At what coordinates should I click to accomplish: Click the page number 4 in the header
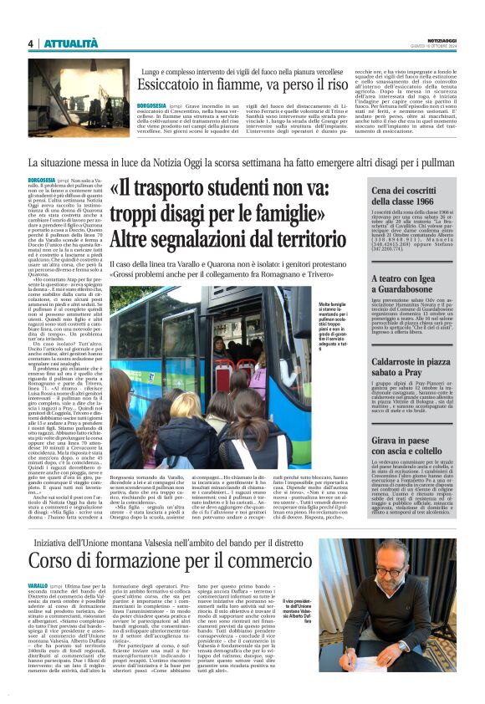coord(30,43)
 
